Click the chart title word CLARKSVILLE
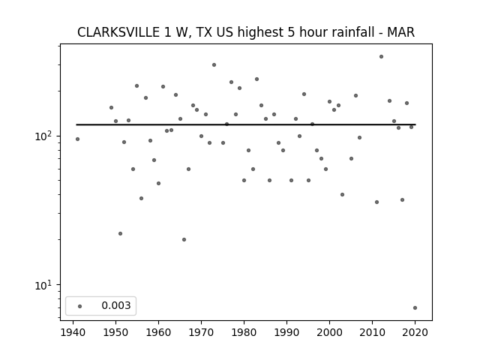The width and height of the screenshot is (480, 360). pyautogui.click(x=118, y=32)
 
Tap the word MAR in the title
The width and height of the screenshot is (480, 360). pyautogui.click(x=400, y=32)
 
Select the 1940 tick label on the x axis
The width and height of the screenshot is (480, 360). pyautogui.click(x=73, y=332)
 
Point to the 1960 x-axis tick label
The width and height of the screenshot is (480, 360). pyautogui.click(x=158, y=332)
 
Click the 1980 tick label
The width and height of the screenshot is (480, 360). pyautogui.click(x=244, y=332)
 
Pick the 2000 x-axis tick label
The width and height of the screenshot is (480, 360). pyautogui.click(x=329, y=332)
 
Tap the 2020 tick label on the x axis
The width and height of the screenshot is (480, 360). pyautogui.click(x=415, y=332)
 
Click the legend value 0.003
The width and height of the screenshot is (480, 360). pyautogui.click(x=116, y=305)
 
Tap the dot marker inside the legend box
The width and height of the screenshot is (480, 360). pyautogui.click(x=80, y=306)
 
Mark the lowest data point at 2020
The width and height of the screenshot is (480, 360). pyautogui.click(x=415, y=308)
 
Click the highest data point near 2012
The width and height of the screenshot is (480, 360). pyautogui.click(x=381, y=57)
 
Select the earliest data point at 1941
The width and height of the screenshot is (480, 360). pyautogui.click(x=77, y=139)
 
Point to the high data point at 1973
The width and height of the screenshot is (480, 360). pyautogui.click(x=214, y=65)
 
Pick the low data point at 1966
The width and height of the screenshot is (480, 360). pyautogui.click(x=184, y=240)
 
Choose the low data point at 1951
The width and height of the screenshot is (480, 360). pyautogui.click(x=120, y=233)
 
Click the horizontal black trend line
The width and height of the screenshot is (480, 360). pyautogui.click(x=246, y=124)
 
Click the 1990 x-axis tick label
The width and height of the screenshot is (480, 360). pyautogui.click(x=286, y=332)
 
